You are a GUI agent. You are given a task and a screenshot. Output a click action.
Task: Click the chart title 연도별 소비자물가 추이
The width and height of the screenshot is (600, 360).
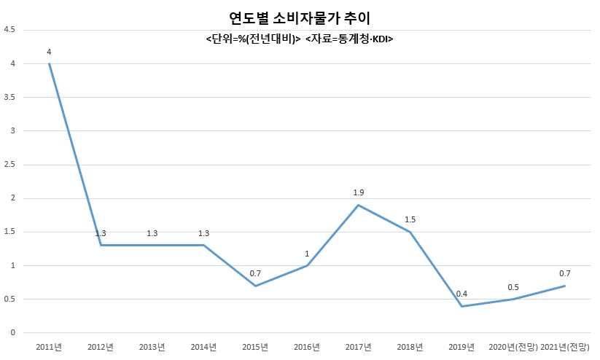click(300, 18)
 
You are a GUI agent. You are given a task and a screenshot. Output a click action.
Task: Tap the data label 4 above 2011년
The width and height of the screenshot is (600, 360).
click(49, 52)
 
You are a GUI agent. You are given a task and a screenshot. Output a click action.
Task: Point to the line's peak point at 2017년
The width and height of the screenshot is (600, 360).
click(359, 205)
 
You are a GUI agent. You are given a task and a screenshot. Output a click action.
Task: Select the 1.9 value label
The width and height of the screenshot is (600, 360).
click(359, 192)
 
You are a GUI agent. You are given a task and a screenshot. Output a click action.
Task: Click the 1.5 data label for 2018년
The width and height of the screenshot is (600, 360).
click(410, 219)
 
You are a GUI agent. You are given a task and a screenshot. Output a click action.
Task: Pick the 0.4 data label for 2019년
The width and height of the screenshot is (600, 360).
click(462, 294)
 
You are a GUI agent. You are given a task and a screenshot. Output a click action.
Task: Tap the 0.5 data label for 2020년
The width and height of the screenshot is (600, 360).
click(513, 287)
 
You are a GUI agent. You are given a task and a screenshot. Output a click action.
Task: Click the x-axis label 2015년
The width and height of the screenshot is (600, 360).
click(255, 347)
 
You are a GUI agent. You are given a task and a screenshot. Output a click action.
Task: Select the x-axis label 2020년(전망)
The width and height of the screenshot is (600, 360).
click(513, 347)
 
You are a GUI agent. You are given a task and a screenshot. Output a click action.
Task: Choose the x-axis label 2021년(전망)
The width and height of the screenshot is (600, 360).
click(565, 347)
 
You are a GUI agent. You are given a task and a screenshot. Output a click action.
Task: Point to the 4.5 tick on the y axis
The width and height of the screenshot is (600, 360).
click(9, 29)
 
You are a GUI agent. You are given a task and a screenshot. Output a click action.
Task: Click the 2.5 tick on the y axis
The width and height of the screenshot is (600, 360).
click(9, 165)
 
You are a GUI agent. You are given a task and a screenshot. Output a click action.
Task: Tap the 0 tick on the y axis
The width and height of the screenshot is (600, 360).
click(13, 332)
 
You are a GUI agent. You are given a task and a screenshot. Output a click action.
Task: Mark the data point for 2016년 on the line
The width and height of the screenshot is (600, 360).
click(307, 265)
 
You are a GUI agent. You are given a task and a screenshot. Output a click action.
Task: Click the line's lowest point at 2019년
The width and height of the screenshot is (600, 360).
click(462, 306)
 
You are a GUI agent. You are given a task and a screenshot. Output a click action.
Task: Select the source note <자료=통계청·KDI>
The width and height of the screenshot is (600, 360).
click(349, 39)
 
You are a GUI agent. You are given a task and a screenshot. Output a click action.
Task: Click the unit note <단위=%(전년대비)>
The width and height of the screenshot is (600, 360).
click(253, 39)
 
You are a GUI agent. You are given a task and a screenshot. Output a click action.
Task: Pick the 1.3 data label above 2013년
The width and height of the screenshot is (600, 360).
click(152, 233)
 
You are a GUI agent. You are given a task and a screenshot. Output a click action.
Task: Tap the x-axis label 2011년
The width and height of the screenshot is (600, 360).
click(49, 347)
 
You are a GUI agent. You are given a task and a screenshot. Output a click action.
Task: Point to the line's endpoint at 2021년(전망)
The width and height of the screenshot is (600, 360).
click(565, 286)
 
